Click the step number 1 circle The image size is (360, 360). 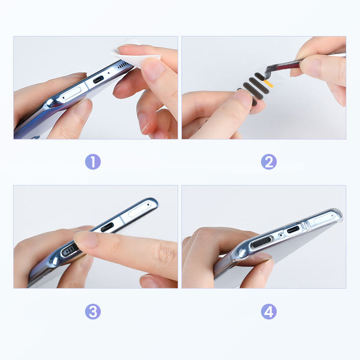pos(93,162)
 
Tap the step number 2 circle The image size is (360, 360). pos(269,162)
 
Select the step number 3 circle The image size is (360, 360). pos(93,311)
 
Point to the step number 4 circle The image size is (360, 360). pos(269,311)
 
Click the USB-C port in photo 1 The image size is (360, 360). pos(98,80)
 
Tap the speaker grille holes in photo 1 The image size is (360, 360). pos(123,65)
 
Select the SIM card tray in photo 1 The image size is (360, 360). pos(71,94)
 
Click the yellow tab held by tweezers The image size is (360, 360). pos(269,84)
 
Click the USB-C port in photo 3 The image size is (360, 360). pos(107,227)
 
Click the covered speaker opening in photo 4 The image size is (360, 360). pos(261,242)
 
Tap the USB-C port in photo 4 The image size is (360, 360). pos(293,229)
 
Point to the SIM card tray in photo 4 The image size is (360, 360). pos(324,219)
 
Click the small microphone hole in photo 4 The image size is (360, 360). pos(280,235)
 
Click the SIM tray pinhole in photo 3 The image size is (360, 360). pos(148,204)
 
